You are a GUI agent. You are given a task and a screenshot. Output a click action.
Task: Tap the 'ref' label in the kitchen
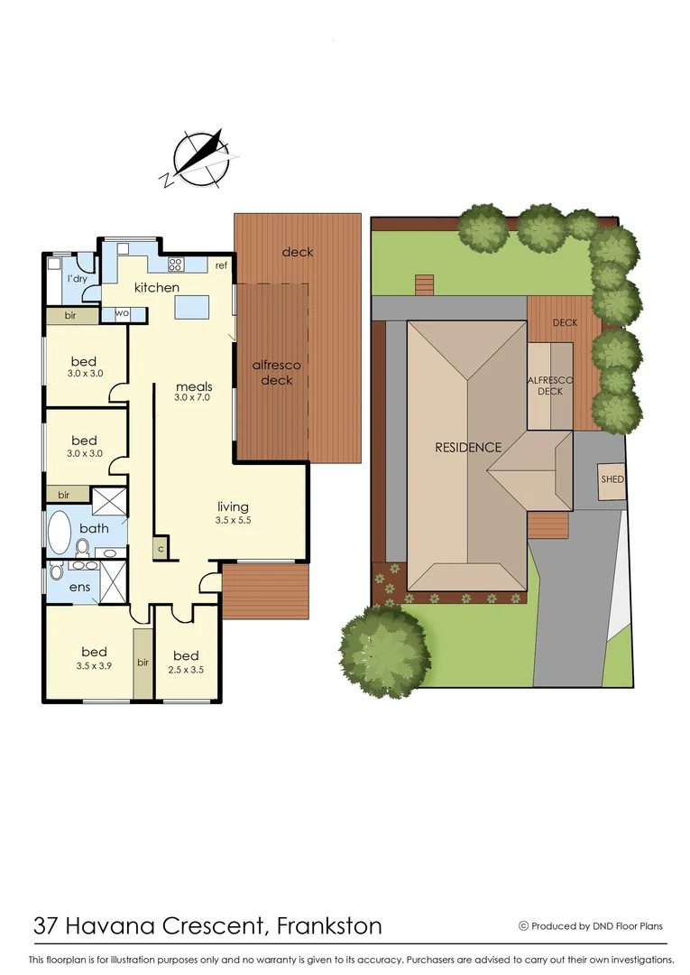pos(221,265)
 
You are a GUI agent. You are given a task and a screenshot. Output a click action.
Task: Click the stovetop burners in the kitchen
pos(176,265)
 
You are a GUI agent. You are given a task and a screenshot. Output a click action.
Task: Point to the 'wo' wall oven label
pos(120,314)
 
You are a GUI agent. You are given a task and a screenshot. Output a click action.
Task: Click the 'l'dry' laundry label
pos(76,279)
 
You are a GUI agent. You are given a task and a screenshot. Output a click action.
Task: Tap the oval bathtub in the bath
pos(59,533)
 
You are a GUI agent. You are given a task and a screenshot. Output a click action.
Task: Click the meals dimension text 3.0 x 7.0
pos(192,397)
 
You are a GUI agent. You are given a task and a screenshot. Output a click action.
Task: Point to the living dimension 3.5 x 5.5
pos(232,521)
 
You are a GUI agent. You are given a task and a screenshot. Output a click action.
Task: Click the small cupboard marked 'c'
pos(161,548)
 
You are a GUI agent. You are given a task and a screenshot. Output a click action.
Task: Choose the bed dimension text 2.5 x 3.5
pos(186,669)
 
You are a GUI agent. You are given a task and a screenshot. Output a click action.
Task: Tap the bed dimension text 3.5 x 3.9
pos(94,665)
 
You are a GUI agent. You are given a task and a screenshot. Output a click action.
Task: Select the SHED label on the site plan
pos(612,479)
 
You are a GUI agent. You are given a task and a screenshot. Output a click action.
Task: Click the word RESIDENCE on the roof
pos(468,447)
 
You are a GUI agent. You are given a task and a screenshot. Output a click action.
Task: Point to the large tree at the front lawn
pos(384,648)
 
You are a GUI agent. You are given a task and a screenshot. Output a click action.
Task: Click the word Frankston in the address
pos(329,925)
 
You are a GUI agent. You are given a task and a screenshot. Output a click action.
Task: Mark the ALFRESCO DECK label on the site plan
pos(550,385)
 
